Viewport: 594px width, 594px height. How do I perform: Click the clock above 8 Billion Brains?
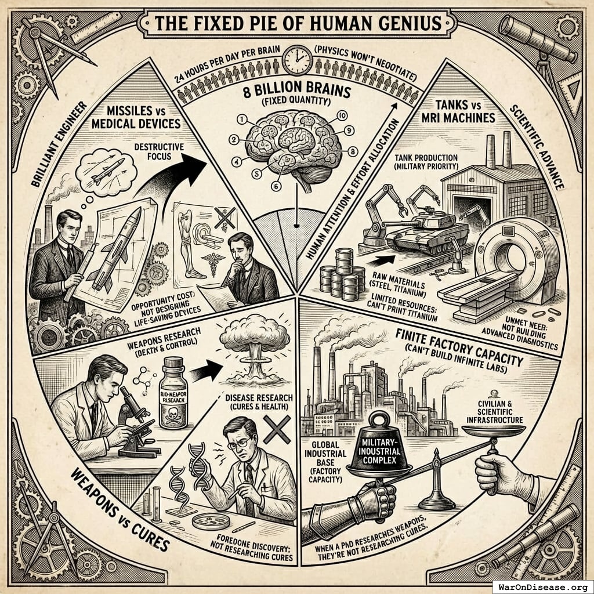click(x=297, y=59)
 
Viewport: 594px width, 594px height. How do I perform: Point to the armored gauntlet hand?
click(x=357, y=505)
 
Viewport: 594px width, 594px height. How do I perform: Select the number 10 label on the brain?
click(x=342, y=115)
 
